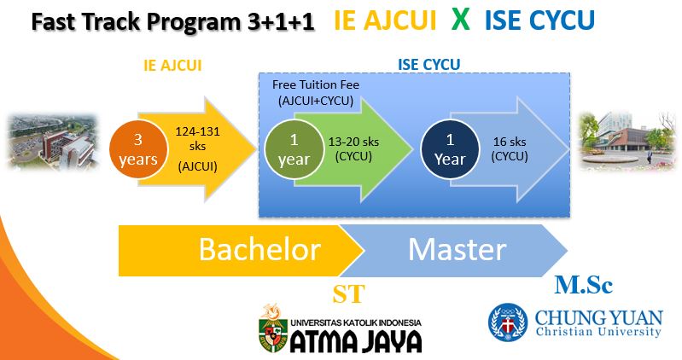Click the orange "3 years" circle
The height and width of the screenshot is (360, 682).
[138, 149]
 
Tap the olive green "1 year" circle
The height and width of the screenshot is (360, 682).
[294, 149]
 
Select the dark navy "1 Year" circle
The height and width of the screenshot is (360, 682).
[450, 149]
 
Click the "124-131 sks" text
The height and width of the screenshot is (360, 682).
[197, 139]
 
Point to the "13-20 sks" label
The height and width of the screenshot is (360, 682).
[353, 142]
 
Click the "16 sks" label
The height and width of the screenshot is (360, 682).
[510, 142]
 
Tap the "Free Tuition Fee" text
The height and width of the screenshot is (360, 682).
[316, 84]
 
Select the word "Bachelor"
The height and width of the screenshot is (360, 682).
[259, 250]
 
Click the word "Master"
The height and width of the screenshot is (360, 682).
[458, 250]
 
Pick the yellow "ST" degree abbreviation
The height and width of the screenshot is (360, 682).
[348, 294]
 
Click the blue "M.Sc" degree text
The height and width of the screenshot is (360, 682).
[583, 285]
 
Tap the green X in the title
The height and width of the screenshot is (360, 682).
[461, 19]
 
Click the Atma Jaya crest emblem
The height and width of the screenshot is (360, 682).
[273, 328]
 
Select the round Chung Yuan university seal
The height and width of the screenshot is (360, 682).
[508, 322]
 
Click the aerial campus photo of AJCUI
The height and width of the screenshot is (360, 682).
[53, 142]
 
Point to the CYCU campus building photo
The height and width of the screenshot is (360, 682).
[627, 141]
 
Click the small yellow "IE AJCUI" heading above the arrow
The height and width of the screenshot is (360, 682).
[172, 65]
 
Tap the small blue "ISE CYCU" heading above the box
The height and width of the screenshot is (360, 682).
[428, 65]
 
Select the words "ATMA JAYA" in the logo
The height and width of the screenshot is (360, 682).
[356, 341]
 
